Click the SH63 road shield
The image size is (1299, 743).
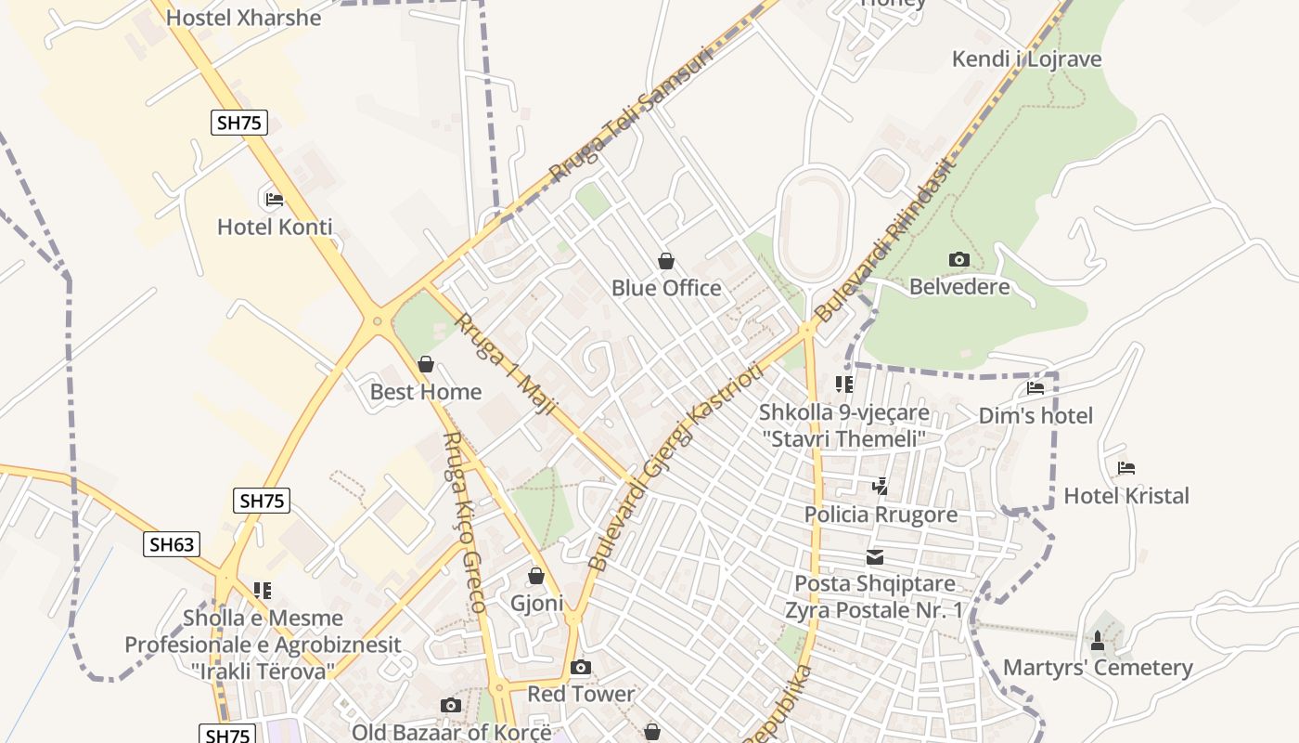(173, 544)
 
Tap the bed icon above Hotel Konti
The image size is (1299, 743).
(274, 199)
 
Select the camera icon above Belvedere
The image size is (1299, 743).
(959, 259)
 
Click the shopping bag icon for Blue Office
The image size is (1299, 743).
(665, 261)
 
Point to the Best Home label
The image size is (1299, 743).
(426, 392)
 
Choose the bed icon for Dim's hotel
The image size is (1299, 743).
(1035, 388)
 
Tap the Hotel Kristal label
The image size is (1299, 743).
(1126, 496)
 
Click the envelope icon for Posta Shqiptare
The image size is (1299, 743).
(875, 557)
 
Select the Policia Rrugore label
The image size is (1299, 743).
(881, 515)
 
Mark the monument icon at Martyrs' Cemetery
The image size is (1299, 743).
(1098, 641)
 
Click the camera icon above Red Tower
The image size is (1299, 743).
(581, 667)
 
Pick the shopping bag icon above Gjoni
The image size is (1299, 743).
(536, 577)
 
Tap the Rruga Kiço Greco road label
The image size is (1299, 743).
(464, 522)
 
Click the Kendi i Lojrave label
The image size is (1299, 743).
(1027, 59)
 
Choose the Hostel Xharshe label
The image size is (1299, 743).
(244, 18)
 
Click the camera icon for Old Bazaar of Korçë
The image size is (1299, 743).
(451, 706)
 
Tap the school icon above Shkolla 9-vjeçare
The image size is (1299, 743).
(843, 385)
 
